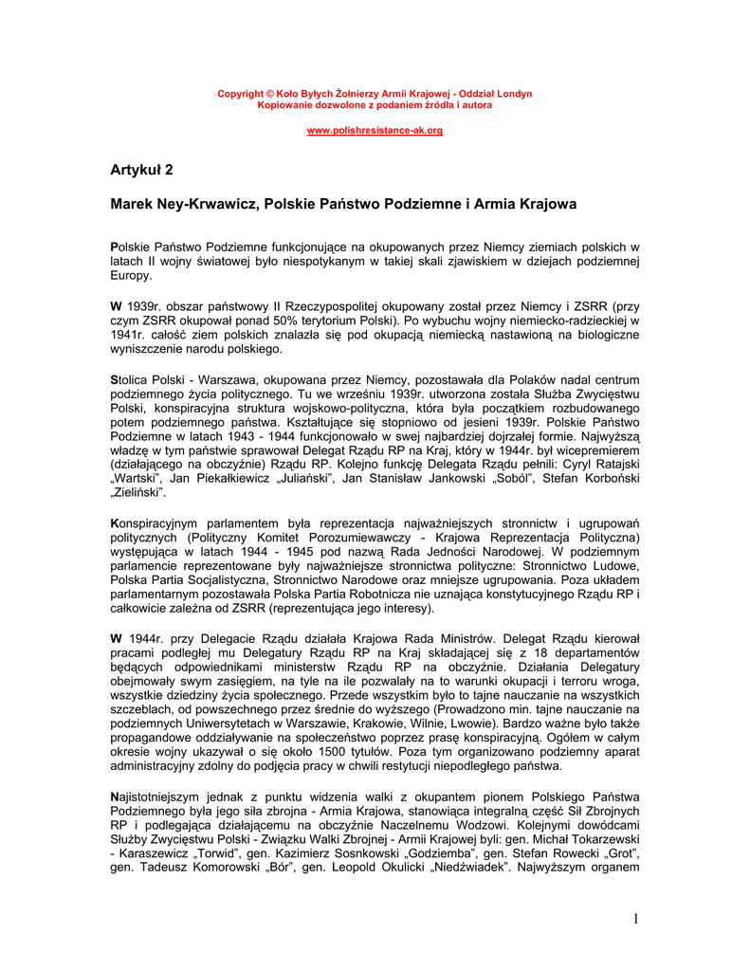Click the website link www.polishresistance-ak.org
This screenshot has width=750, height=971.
pos(375,130)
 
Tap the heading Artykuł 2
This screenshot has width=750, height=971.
pos(142,171)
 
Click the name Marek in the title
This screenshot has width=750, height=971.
pos(132,204)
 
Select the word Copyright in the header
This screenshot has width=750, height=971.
pos(241,94)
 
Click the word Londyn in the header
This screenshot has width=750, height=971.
pos(514,94)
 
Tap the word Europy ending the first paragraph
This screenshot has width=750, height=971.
pos(130,276)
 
